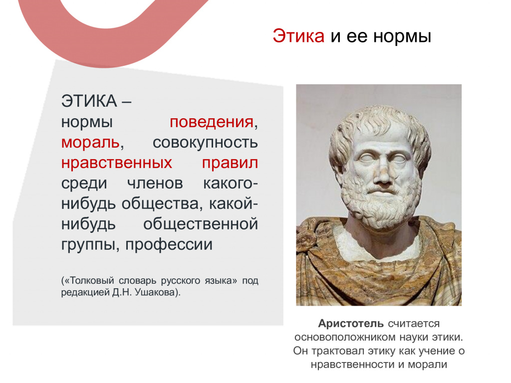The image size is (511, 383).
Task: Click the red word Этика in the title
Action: tap(298, 36)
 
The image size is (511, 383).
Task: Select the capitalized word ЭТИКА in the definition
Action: tap(89, 101)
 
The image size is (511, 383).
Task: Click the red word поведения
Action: tap(212, 122)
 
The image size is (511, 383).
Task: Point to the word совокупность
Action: tap(205, 143)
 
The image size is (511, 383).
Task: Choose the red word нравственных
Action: tap(117, 163)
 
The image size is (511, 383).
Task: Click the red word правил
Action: tap(230, 163)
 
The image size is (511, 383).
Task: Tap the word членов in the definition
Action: tap(155, 184)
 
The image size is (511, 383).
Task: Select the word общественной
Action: tap(201, 224)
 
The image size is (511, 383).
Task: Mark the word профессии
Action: tap(169, 244)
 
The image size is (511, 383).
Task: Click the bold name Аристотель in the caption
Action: tap(351, 324)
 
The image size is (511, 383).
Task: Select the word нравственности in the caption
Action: tap(352, 365)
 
